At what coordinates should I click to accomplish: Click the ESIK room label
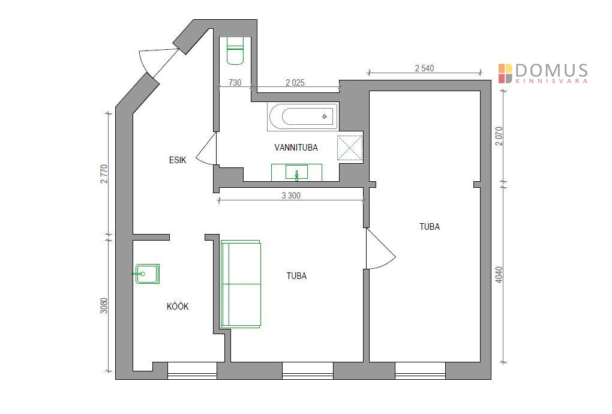pos(178,160)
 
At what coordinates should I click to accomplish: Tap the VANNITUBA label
pos(296,148)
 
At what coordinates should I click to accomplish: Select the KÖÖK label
pos(178,307)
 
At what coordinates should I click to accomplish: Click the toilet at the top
pos(235,50)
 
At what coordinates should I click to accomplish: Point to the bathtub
pos(303,116)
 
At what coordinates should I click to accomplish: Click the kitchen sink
pos(147,274)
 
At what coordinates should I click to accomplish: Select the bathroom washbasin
pos(296,172)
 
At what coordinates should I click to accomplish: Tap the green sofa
pos(241,284)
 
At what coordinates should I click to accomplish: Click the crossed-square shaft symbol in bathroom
pos(350,148)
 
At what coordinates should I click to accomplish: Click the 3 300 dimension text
pos(291,196)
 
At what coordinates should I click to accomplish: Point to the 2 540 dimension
pos(424,68)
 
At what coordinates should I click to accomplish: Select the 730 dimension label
pos(235,83)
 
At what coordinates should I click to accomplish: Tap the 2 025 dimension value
pos(295,83)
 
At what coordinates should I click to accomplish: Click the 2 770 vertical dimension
pos(104,174)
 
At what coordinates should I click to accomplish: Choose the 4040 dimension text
pos(499,275)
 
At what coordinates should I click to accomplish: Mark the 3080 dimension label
pos(104,306)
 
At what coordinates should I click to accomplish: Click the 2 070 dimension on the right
pos(499,136)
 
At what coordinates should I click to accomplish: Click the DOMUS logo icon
pos(505,73)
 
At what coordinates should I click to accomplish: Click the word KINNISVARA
pos(551,81)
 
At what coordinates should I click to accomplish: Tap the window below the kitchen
pos(192,371)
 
